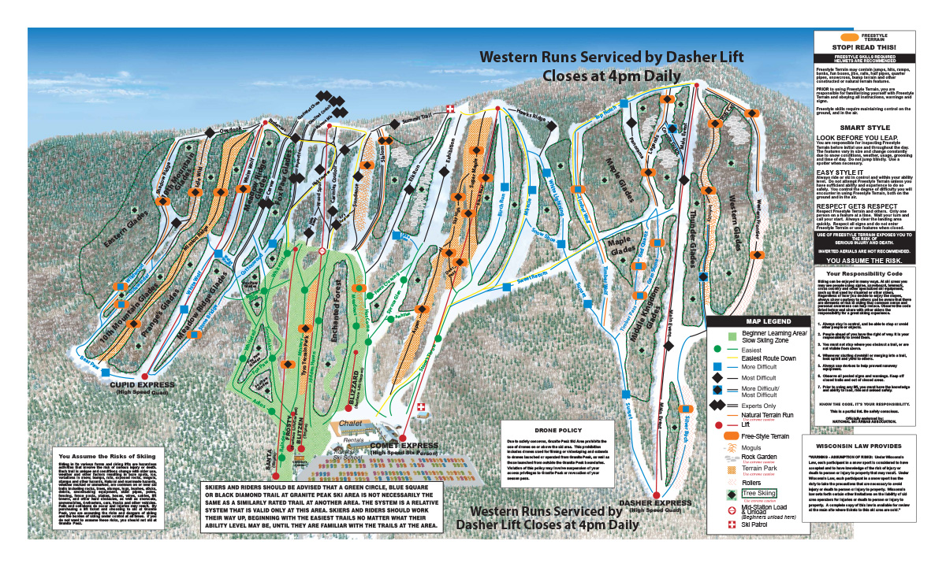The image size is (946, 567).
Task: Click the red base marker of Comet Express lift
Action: coord(403,438)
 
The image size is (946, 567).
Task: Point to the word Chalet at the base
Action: coord(350,423)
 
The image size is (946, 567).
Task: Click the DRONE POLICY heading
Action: coord(557,431)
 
